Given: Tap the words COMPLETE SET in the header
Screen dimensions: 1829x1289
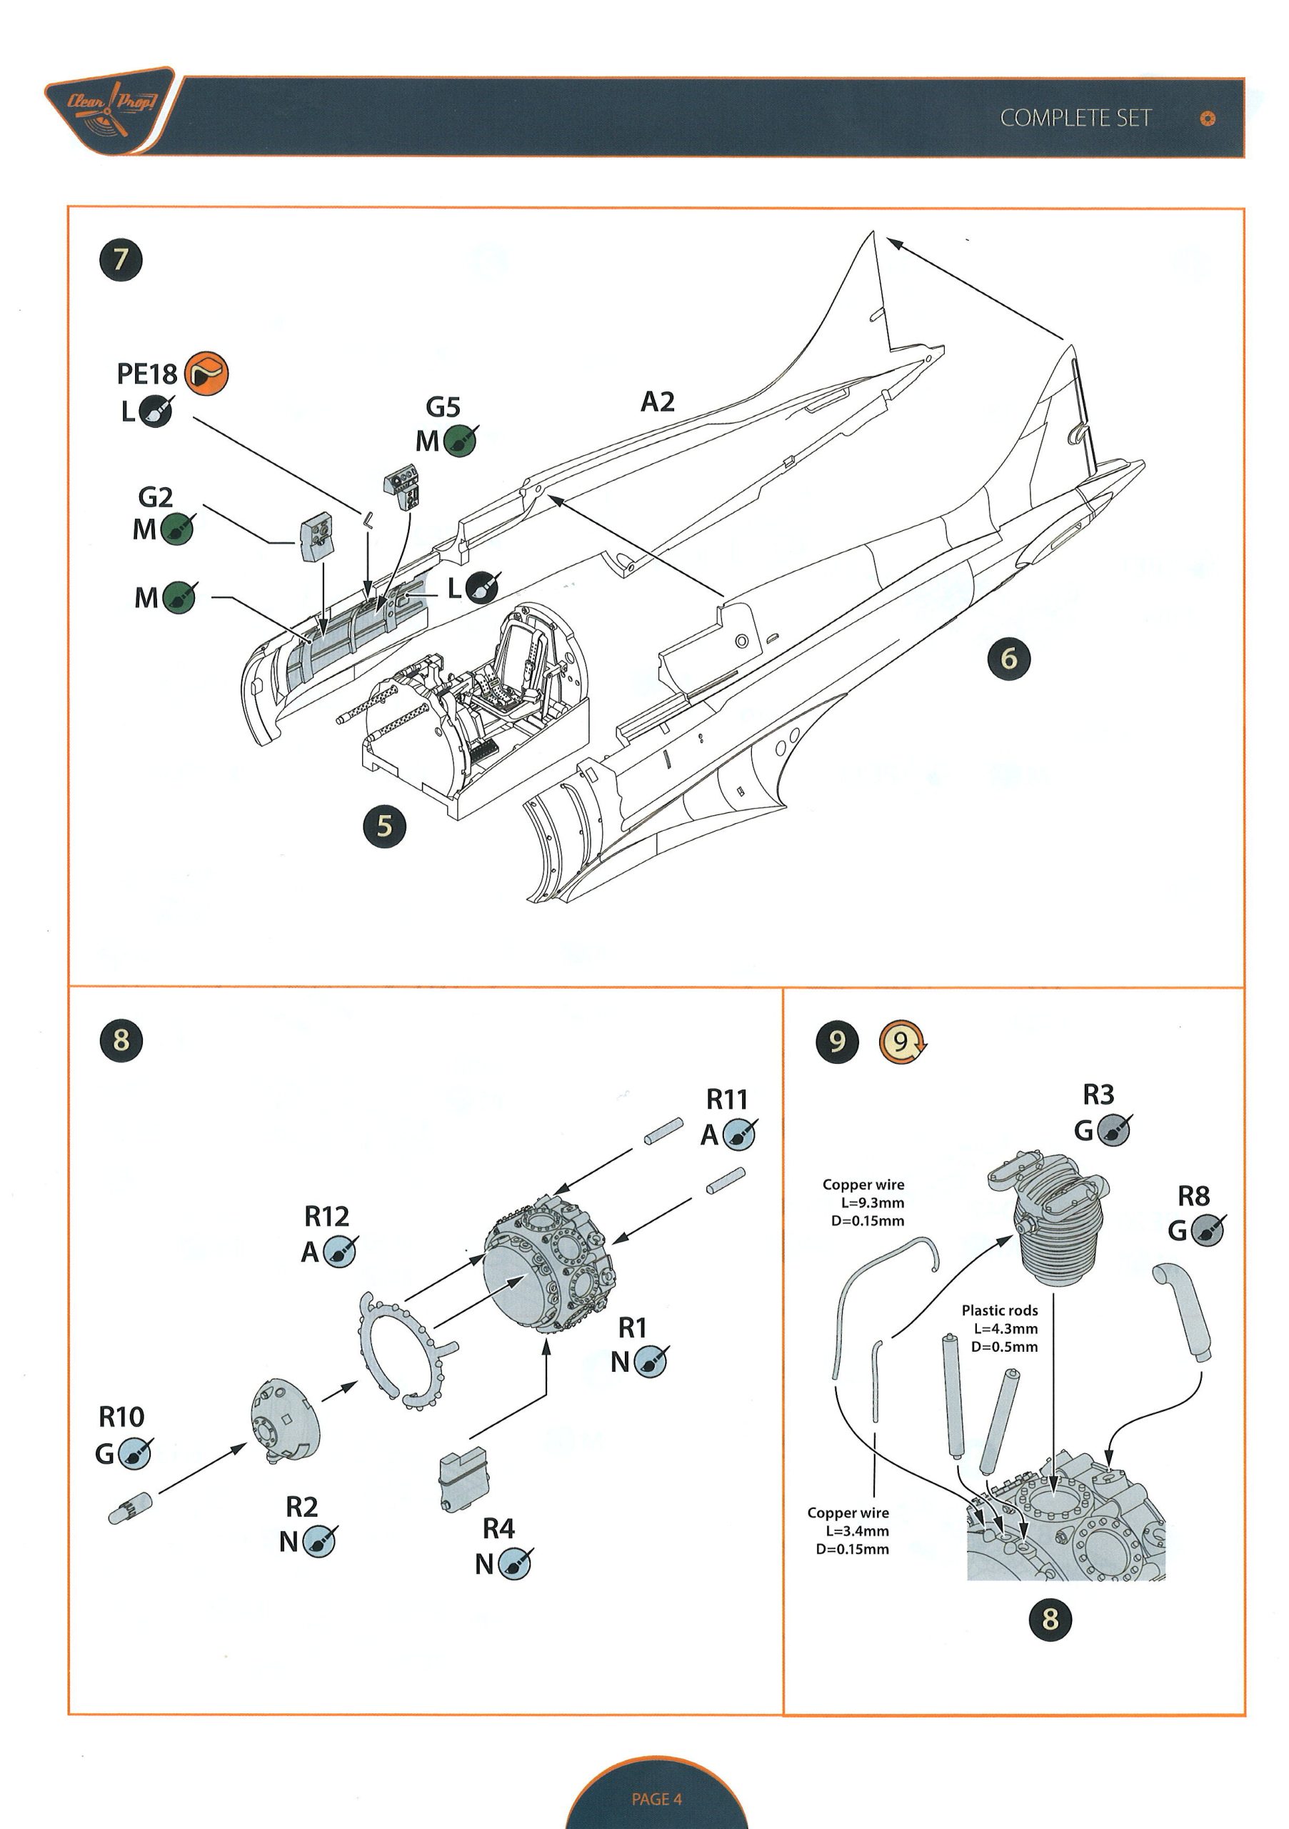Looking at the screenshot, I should tap(1075, 119).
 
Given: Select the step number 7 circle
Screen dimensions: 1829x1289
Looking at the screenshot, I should tap(121, 259).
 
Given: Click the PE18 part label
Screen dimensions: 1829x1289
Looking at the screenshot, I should tap(146, 374).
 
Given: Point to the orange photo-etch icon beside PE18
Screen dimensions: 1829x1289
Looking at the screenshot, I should tap(206, 373).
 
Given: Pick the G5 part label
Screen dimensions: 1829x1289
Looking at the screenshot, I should tap(443, 407).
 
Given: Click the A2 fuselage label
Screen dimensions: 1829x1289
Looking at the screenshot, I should tap(658, 402).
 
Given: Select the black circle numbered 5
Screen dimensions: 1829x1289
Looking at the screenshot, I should tap(384, 826).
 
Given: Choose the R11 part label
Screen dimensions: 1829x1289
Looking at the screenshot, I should tap(727, 1100).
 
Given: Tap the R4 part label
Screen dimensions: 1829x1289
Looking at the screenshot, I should tap(498, 1528).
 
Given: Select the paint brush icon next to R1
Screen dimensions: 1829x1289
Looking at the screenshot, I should tap(651, 1362).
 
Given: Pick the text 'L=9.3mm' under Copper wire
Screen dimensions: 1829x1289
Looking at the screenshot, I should tap(873, 1203).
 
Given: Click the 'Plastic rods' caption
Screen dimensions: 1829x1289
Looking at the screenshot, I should tap(999, 1310).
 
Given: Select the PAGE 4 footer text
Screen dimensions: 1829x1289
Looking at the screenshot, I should tap(657, 1799).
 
